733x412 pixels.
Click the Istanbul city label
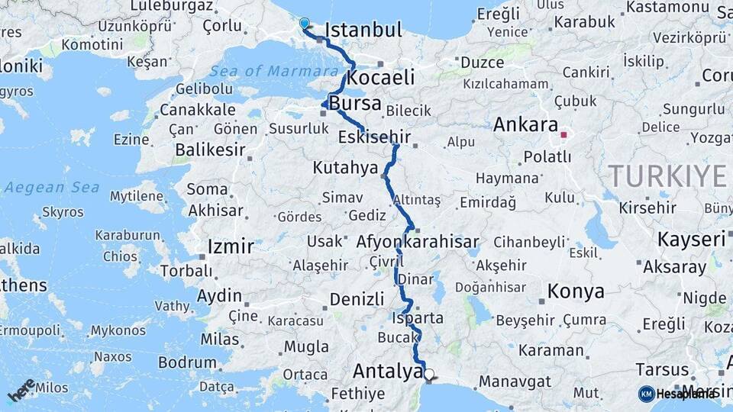coord(363,31)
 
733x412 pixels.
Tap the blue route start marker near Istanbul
coord(305,24)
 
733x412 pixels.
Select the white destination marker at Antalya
coord(429,375)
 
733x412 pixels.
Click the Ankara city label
coord(526,124)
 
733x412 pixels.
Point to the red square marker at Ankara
coord(564,135)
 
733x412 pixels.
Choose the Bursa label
coord(355,104)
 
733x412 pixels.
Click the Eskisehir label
coord(374,138)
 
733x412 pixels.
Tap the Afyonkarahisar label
coord(418,242)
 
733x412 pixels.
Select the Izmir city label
coord(230,247)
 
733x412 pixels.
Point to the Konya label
coord(576,291)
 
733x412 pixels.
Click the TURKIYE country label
coord(667,176)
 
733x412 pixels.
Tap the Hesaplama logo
coord(677,394)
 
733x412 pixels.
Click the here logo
coord(22,390)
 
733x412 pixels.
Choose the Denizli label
coord(356,298)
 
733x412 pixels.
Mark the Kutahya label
coord(345,167)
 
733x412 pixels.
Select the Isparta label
coord(418,317)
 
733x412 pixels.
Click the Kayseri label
coord(691,240)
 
